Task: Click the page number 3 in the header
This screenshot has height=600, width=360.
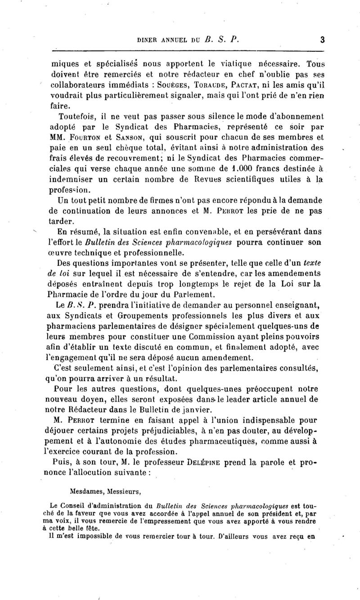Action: coord(323,40)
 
